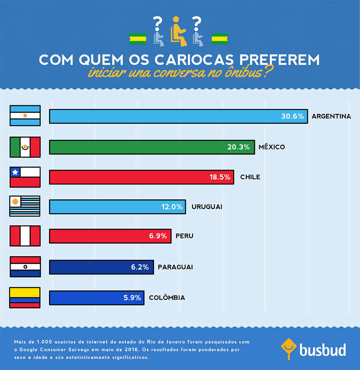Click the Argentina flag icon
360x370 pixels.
click(25, 116)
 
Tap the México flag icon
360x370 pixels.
click(25, 147)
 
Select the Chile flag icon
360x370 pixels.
click(25, 177)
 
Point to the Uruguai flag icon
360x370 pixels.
click(25, 207)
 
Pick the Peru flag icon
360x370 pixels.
click(25, 236)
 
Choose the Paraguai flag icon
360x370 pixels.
click(25, 267)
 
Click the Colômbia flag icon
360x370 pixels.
click(25, 297)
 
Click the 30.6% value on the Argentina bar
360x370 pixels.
click(292, 116)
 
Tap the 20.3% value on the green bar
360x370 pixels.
click(239, 147)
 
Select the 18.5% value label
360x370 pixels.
click(220, 177)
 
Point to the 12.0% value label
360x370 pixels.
click(172, 207)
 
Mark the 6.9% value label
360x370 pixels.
click(157, 236)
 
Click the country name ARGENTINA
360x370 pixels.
click(331, 116)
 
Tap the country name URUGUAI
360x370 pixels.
click(207, 207)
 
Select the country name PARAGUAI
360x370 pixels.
click(175, 267)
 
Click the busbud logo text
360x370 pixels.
click(323, 349)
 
